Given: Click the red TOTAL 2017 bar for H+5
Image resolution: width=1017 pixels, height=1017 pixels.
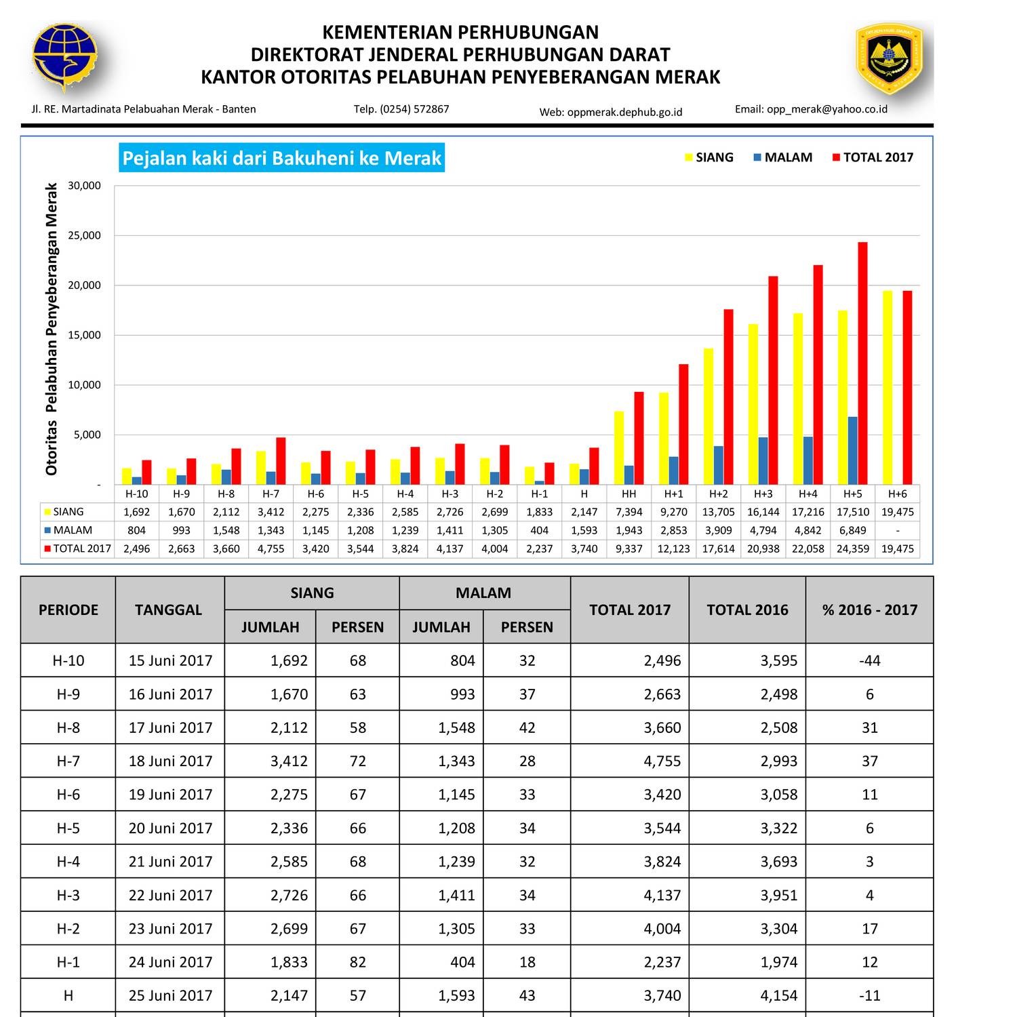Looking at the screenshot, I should (x=862, y=363).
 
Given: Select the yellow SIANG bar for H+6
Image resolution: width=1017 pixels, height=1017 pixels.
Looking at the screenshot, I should (x=888, y=388).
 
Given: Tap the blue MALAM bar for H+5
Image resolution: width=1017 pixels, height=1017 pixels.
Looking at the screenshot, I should (x=852, y=451).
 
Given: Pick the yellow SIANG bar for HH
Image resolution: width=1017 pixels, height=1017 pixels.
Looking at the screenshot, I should (x=619, y=447).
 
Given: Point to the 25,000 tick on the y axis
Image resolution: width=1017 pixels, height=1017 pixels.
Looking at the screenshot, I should (x=84, y=235).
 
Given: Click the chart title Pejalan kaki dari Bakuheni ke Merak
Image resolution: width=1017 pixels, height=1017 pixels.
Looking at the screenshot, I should (x=281, y=158).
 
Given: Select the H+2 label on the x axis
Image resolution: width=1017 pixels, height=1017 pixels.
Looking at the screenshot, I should (x=718, y=494).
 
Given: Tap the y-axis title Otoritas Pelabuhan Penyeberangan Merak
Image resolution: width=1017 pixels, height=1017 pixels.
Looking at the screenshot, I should (x=52, y=329).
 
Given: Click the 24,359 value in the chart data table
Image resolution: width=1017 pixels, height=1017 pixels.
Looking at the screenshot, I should (x=852, y=549).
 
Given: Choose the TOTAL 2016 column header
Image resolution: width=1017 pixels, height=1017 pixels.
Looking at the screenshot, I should (x=747, y=610).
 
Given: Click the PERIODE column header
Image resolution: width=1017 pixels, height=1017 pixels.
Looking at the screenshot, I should (x=68, y=610).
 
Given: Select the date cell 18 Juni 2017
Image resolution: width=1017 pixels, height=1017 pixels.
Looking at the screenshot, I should (x=170, y=761).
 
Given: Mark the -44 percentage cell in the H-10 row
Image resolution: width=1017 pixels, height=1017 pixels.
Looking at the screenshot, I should (x=869, y=660).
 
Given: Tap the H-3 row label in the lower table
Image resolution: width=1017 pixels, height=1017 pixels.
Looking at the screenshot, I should (x=68, y=895).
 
